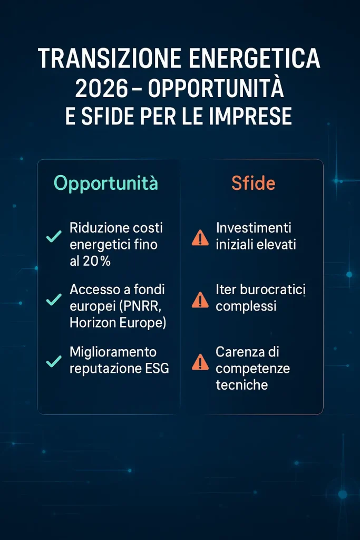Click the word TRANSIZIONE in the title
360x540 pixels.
[x=110, y=58]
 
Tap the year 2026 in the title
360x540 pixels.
[x=102, y=88]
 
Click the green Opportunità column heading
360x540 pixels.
[x=105, y=183]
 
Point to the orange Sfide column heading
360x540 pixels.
[x=254, y=183]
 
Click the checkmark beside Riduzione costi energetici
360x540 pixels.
[x=54, y=236]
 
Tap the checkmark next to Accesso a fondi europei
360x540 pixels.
[x=54, y=300]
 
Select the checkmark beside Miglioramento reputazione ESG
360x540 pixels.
[x=54, y=361]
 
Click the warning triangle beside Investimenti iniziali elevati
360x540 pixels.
[x=200, y=238]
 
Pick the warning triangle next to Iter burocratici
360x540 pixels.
[x=200, y=300]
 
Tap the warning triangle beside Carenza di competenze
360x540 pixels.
[x=200, y=362]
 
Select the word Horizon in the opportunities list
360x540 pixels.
[x=93, y=322]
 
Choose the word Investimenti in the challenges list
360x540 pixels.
[x=254, y=228]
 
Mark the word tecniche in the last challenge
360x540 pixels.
[x=241, y=384]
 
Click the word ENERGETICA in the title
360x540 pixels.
[x=255, y=58]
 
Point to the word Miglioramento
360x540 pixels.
[x=113, y=352]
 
